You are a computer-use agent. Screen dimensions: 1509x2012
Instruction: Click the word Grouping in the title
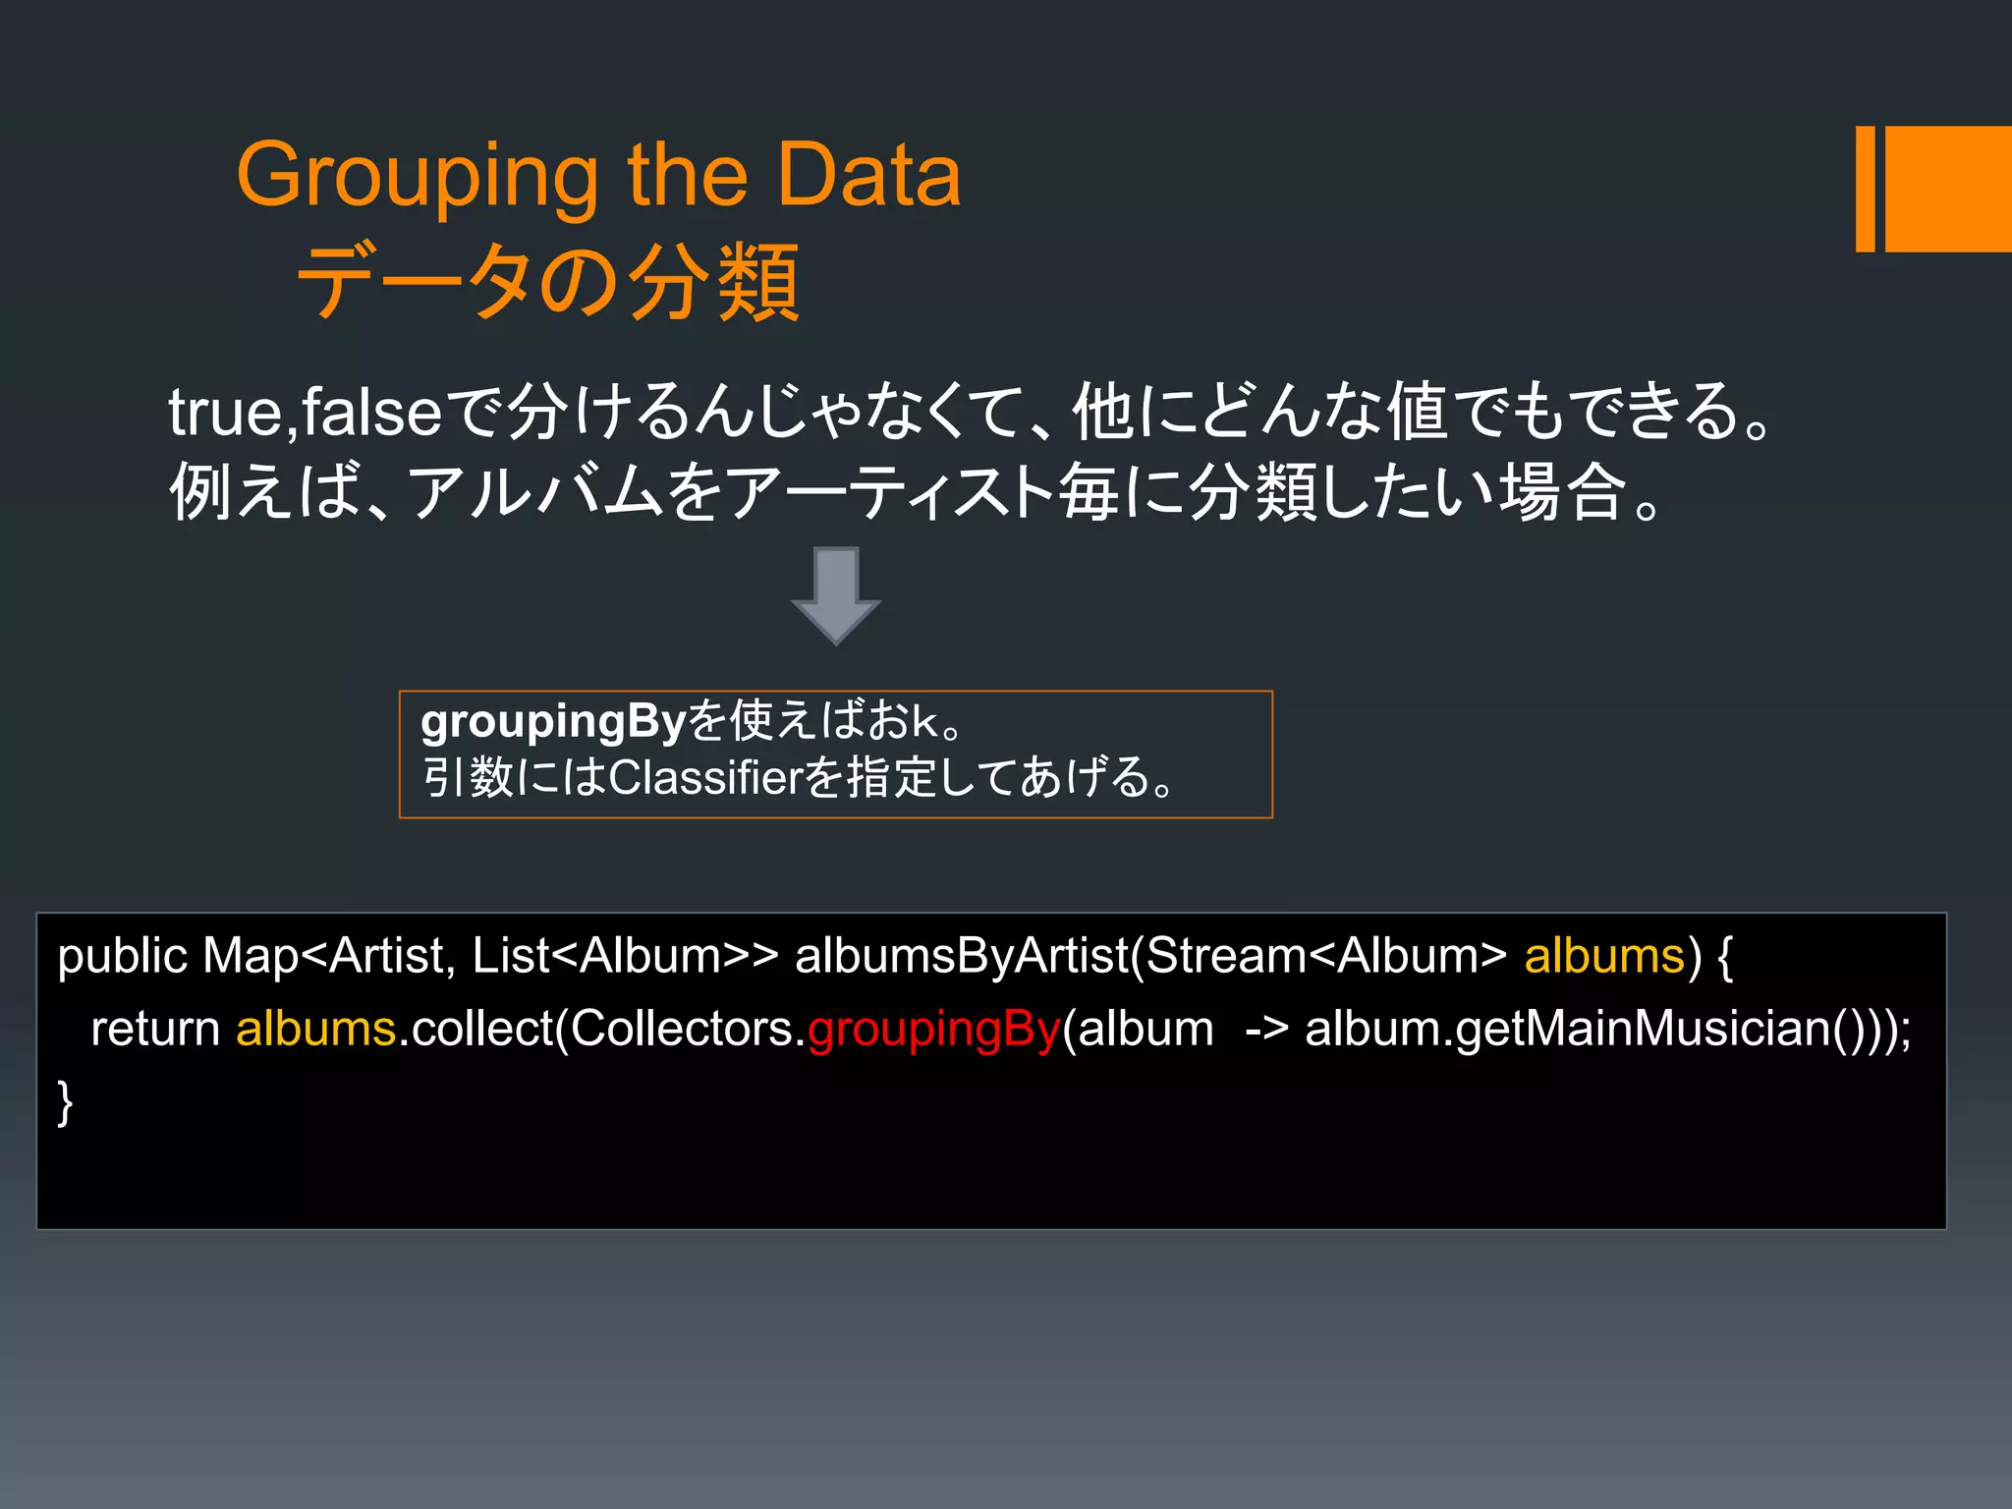click(x=418, y=177)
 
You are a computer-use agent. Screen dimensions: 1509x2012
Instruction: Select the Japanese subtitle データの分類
click(x=548, y=283)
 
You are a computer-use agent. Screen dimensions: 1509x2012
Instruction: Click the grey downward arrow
click(x=836, y=595)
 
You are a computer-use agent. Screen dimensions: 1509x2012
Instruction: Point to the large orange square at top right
click(x=1948, y=189)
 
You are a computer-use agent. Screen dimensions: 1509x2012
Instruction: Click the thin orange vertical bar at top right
click(x=1865, y=189)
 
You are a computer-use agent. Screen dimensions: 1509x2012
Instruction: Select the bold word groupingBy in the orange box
click(x=552, y=723)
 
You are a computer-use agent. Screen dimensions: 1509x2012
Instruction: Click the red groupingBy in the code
click(x=933, y=1030)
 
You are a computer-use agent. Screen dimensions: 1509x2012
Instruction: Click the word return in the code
click(x=155, y=1030)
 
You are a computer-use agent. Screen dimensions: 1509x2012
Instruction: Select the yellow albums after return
click(x=315, y=1030)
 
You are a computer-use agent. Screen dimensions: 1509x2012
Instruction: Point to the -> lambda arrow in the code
click(x=1265, y=1030)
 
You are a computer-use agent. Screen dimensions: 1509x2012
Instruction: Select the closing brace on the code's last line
click(x=65, y=1102)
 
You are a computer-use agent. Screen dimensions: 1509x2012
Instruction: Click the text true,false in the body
click(x=306, y=413)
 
